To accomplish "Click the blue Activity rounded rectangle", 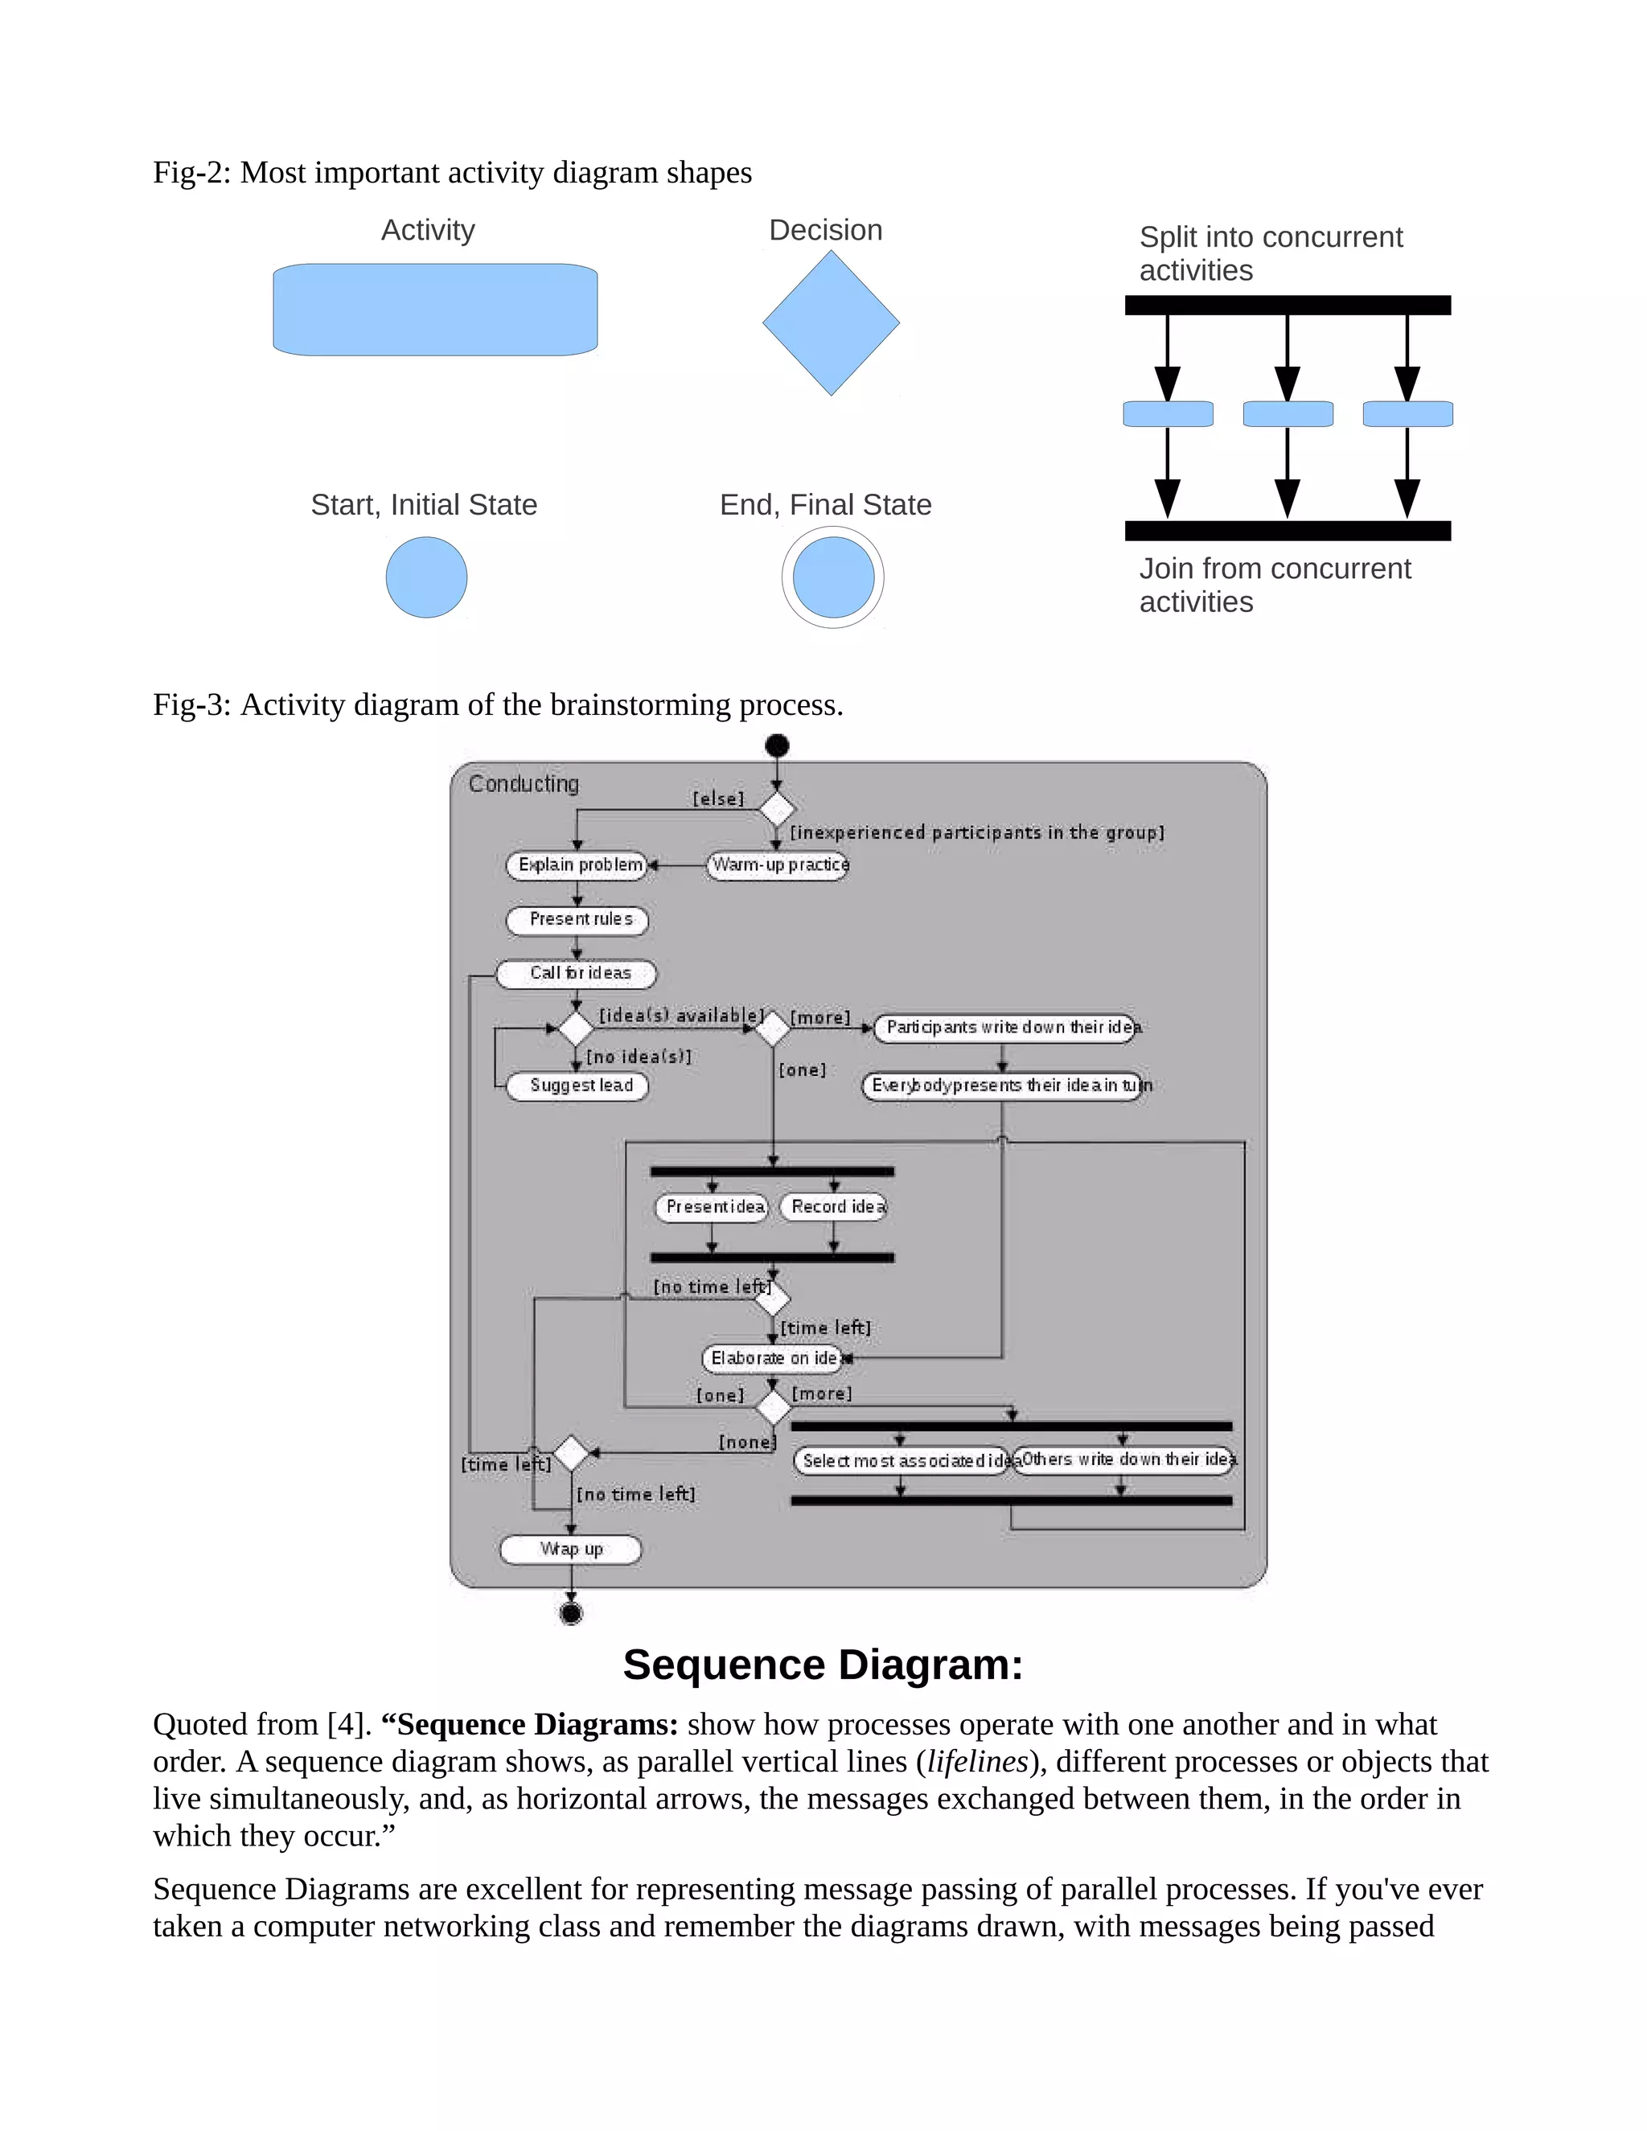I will pyautogui.click(x=435, y=310).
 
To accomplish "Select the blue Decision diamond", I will pyautogui.click(x=830, y=323).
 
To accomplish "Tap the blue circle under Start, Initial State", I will pyautogui.click(x=426, y=577).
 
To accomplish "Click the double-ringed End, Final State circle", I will pyautogui.click(x=832, y=577).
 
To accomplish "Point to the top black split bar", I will pyautogui.click(x=1287, y=306).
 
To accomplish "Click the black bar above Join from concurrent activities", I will pyautogui.click(x=1287, y=531).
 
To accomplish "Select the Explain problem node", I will pyautogui.click(x=577, y=865).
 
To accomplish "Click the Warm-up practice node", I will pyautogui.click(x=778, y=865).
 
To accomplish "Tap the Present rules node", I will pyautogui.click(x=577, y=920).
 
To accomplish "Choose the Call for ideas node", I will pyautogui.click(x=577, y=974).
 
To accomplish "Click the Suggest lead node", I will pyautogui.click(x=577, y=1086).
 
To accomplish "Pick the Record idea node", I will pyautogui.click(x=834, y=1207).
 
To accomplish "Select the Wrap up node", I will pyautogui.click(x=571, y=1550).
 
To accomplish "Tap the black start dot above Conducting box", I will pyautogui.click(x=777, y=746).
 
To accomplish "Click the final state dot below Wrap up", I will pyautogui.click(x=571, y=1614).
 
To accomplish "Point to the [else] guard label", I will pyautogui.click(x=718, y=799).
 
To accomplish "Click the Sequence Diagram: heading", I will pyautogui.click(x=823, y=1665).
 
